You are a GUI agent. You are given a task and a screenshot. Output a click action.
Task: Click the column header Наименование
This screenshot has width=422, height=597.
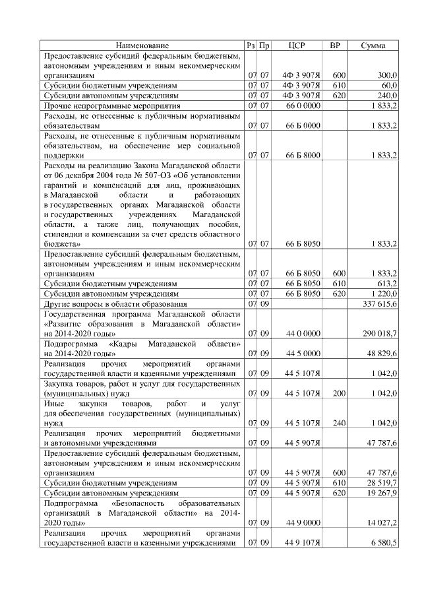pos(142,46)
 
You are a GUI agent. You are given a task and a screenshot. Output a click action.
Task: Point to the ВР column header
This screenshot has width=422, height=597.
pos(335,46)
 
